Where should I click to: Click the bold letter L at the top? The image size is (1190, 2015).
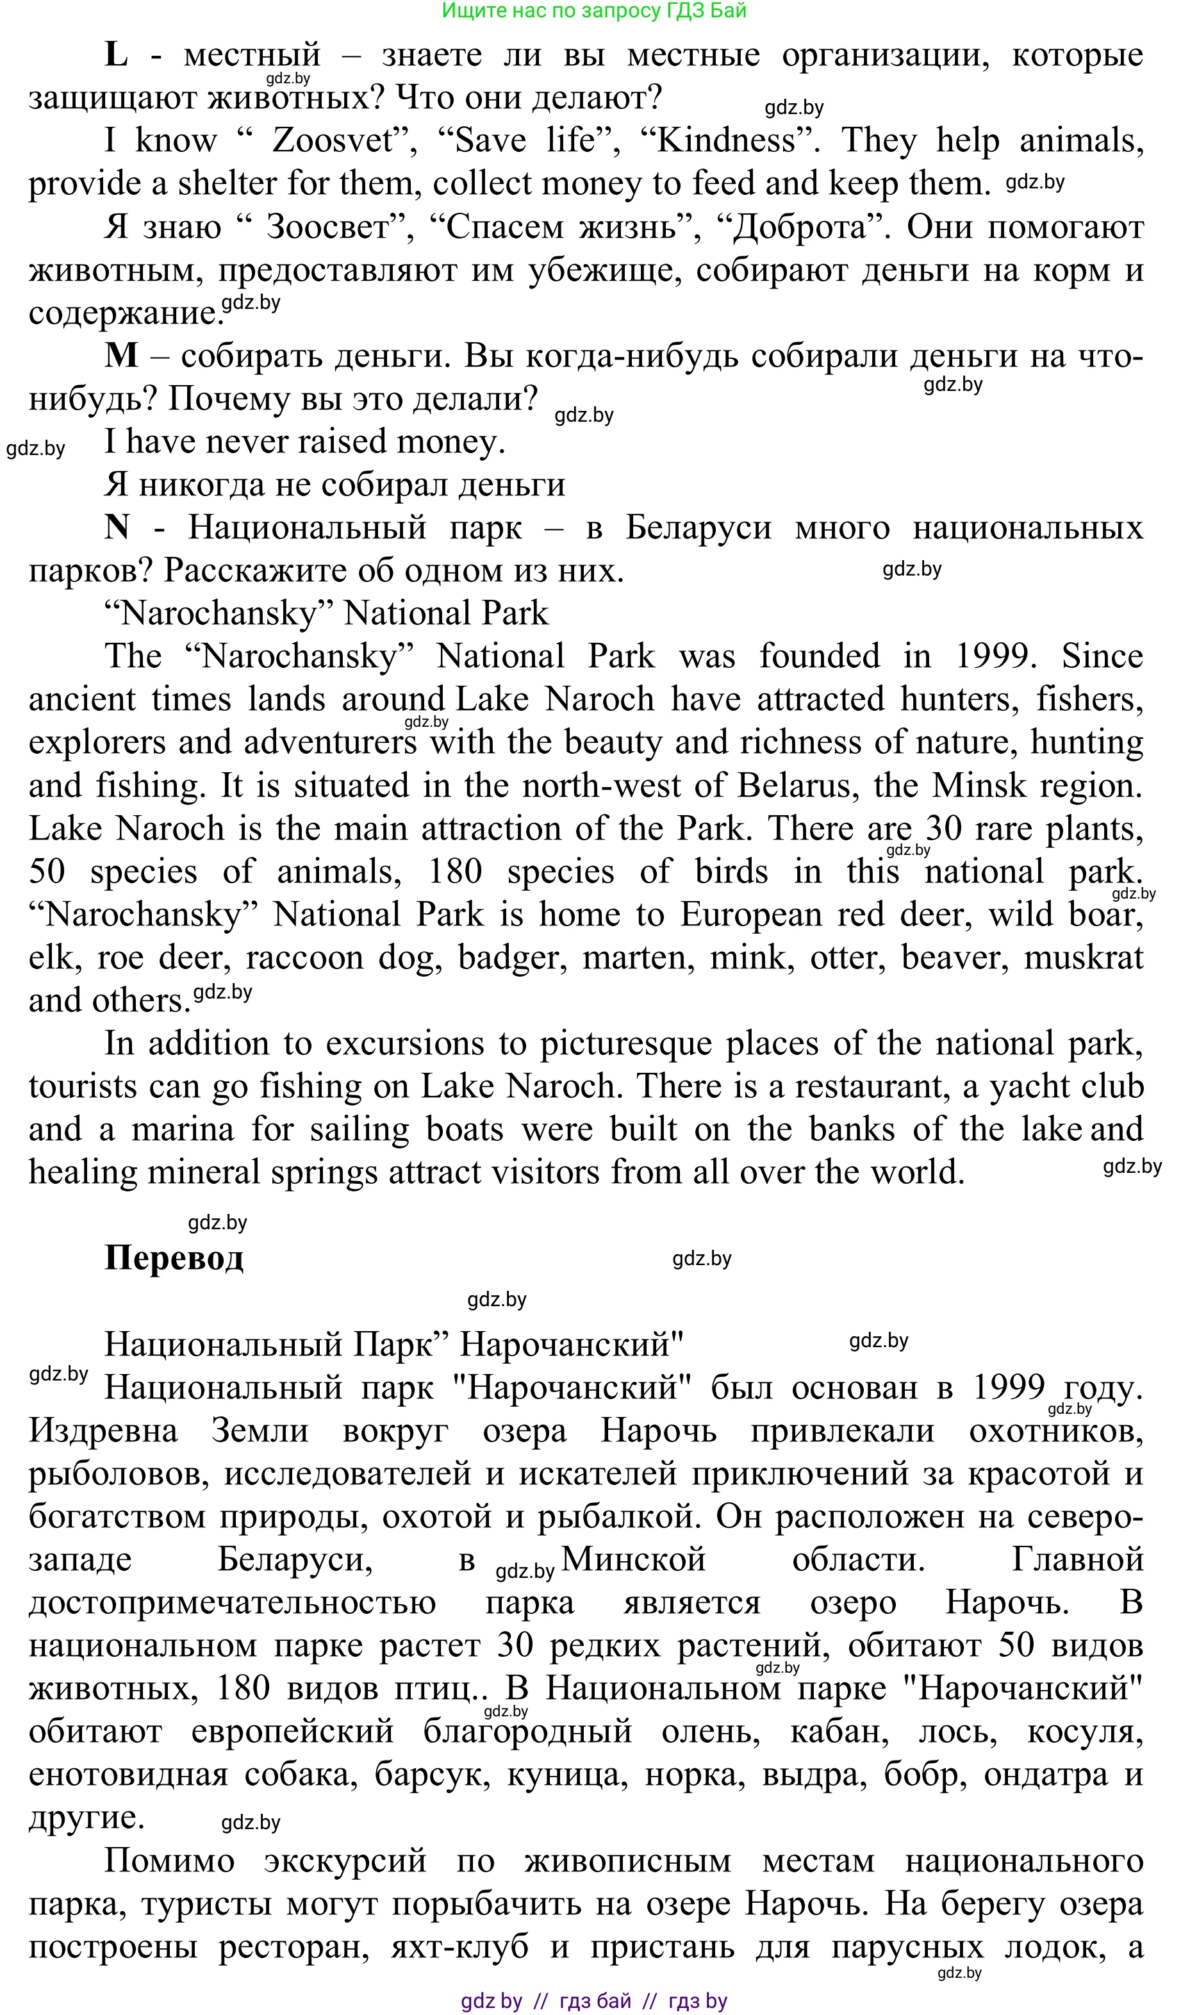tap(116, 54)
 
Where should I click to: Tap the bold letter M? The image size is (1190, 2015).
tap(121, 355)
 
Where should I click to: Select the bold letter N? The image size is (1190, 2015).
tap(117, 527)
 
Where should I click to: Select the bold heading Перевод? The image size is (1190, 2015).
tap(174, 1257)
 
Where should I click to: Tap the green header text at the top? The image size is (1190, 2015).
tap(594, 10)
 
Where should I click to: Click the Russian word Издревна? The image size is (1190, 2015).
tap(103, 1430)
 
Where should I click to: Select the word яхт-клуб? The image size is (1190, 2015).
tap(459, 1947)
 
